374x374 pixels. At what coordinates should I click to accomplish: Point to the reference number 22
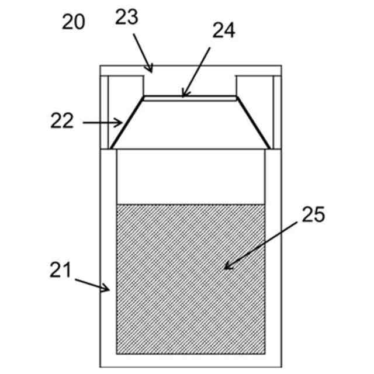[63, 122]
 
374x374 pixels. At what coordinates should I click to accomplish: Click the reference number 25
[312, 215]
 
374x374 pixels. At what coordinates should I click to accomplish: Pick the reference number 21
[60, 271]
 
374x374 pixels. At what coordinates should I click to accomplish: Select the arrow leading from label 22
[103, 123]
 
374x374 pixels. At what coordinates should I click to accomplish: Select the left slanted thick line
[126, 122]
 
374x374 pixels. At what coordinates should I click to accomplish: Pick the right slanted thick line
[252, 122]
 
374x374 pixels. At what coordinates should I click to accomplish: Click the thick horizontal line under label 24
[190, 96]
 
